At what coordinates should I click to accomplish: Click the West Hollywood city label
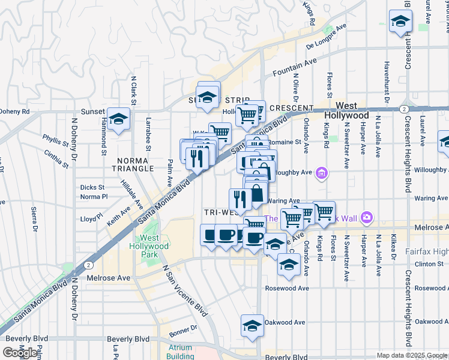[346, 110]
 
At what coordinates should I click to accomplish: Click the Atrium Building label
[180, 352]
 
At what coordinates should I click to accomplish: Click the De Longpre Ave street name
[327, 37]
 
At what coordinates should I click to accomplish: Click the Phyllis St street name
[56, 140]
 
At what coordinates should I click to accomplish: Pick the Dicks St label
[92, 187]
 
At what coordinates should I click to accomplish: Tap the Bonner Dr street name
[183, 329]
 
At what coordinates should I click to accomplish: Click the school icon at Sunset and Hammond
[118, 118]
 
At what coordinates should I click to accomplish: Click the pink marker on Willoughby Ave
[322, 173]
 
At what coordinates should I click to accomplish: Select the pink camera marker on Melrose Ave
[367, 217]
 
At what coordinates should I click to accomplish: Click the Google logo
[20, 353]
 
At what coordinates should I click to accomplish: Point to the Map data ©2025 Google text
[412, 355]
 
